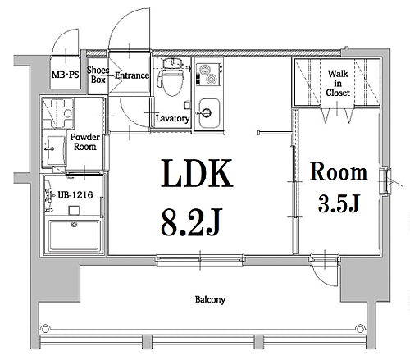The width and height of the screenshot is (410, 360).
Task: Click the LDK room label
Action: pyautogui.click(x=197, y=173)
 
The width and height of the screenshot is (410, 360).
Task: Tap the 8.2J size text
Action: pyautogui.click(x=191, y=221)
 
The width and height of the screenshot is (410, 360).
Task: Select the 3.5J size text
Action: pyautogui.click(x=338, y=203)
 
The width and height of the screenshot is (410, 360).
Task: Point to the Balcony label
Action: pyautogui.click(x=210, y=299)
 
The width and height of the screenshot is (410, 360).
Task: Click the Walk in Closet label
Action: pyautogui.click(x=338, y=83)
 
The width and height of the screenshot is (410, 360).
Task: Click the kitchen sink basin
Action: pyautogui.click(x=209, y=113)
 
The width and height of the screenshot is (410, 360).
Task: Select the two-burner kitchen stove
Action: pyautogui.click(x=209, y=75)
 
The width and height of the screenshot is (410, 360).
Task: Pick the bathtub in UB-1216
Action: pyautogui.click(x=74, y=235)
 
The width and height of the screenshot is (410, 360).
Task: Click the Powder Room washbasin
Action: pyautogui.click(x=54, y=148)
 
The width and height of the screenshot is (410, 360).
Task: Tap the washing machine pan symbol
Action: pyautogui.click(x=58, y=113)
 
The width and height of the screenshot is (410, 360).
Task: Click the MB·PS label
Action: pyautogui.click(x=66, y=75)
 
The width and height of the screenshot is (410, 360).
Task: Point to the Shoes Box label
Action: pyautogui.click(x=98, y=75)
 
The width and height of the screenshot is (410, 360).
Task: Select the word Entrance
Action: pyautogui.click(x=132, y=75)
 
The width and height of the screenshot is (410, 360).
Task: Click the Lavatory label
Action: pyautogui.click(x=172, y=118)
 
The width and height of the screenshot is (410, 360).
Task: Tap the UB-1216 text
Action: pyautogui.click(x=75, y=195)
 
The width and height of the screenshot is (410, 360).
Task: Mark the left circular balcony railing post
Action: pyautogui.click(x=45, y=329)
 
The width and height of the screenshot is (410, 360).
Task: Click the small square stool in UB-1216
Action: pyautogui.click(x=74, y=211)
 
